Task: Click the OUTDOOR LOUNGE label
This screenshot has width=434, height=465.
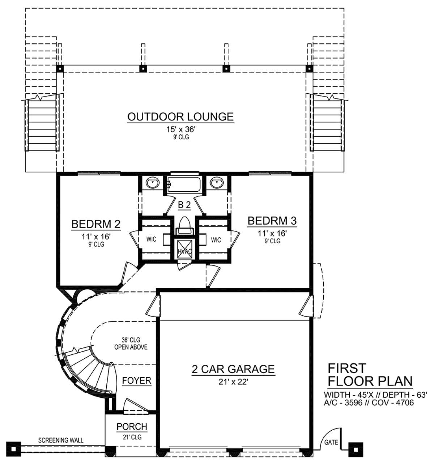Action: (x=180, y=116)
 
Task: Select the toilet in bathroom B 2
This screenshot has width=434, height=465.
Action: (x=184, y=226)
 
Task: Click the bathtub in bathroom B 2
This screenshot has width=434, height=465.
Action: (x=184, y=185)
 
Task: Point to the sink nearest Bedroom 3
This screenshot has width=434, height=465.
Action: (x=217, y=182)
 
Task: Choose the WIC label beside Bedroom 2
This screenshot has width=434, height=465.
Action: (x=151, y=239)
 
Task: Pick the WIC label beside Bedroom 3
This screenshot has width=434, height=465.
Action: (x=216, y=240)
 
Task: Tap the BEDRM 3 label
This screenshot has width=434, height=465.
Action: (x=272, y=221)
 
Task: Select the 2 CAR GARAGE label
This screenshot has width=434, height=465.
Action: (x=233, y=369)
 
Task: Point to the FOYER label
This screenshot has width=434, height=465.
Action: (x=137, y=381)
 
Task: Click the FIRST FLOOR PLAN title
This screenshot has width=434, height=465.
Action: (x=370, y=375)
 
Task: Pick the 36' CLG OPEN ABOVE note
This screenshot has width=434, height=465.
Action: (x=131, y=343)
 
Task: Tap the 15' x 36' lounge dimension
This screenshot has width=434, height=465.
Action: (x=181, y=129)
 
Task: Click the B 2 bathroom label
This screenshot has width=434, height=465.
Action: (x=184, y=205)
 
